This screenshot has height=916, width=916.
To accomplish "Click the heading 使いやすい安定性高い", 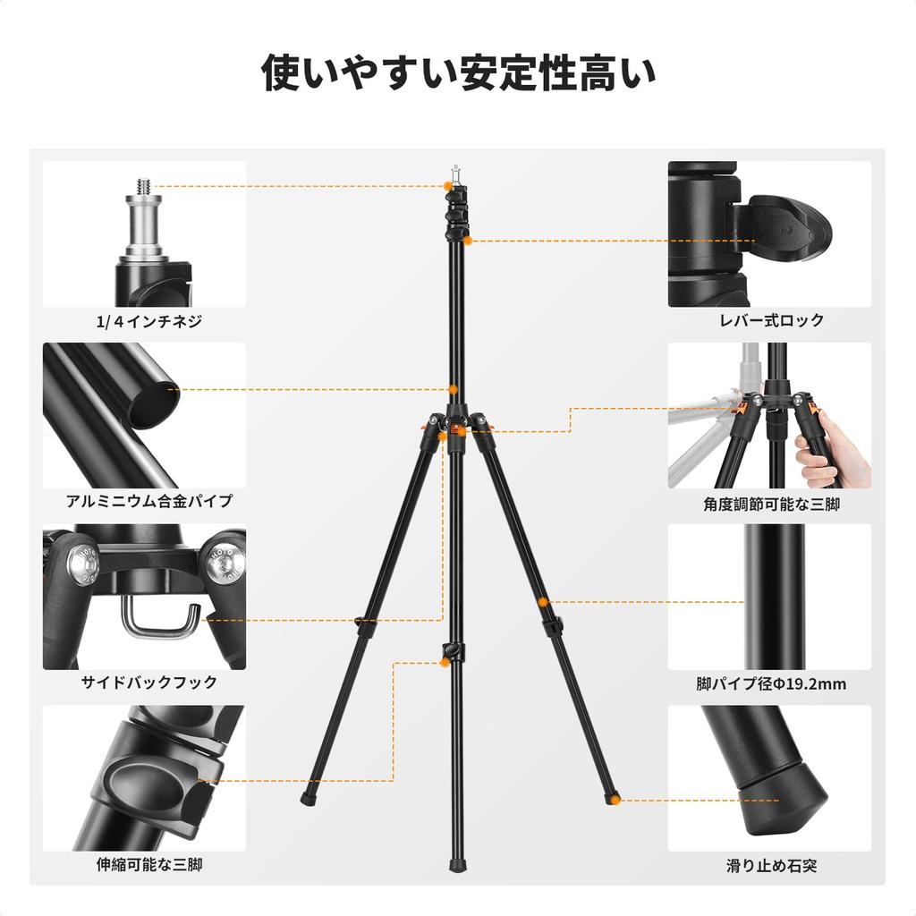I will pyautogui.click(x=458, y=72).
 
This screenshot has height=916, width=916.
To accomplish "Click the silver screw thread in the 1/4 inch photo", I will pyautogui.click(x=143, y=187).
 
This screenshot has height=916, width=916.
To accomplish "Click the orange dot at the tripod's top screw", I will pyautogui.click(x=449, y=186).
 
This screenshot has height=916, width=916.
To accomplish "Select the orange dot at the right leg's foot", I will pyautogui.click(x=615, y=799).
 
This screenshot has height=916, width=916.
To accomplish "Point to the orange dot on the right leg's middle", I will pyautogui.click(x=544, y=602).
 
